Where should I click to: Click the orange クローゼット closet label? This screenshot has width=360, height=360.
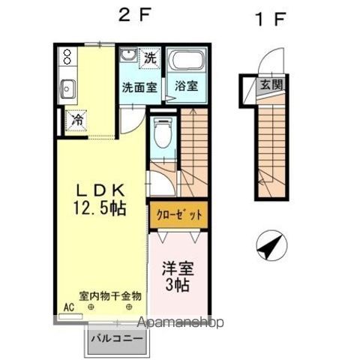178,215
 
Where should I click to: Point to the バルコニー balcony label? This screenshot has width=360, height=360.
117,339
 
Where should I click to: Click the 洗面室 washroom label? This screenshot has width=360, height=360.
139,85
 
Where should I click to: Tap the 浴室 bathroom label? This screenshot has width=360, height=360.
187,85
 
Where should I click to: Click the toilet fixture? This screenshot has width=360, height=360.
160,136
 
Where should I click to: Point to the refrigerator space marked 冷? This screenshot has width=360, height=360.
76,118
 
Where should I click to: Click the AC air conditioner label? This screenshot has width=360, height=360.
68,307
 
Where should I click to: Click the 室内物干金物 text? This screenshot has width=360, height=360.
110,295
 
